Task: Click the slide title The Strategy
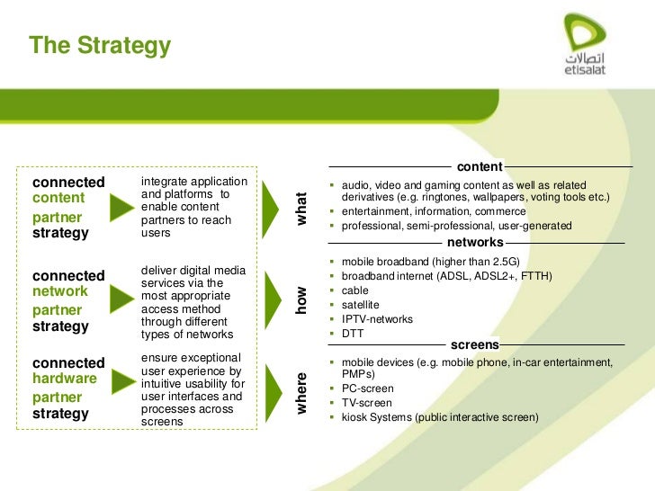pos(99,45)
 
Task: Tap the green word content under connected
pos(58,198)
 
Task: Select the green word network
pos(60,291)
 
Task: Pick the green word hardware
pos(64,379)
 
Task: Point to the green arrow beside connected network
pos(122,301)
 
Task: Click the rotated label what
pos(302,209)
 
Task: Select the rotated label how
pos(302,299)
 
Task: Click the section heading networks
pos(474,243)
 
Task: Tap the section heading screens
pos(474,344)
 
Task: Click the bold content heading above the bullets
pos(480,166)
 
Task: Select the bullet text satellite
pos(360,305)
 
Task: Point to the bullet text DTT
pos(353,334)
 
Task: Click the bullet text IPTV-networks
pos(377,319)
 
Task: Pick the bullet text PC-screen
pos(367,388)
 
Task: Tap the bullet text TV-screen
pos(367,403)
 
